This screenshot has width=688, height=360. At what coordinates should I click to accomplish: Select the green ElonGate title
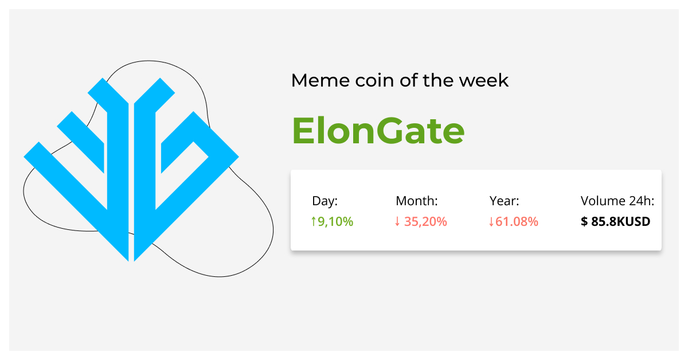pyautogui.click(x=378, y=131)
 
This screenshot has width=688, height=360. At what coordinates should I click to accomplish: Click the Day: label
pyautogui.click(x=325, y=201)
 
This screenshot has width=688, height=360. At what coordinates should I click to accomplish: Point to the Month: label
pyautogui.click(x=417, y=201)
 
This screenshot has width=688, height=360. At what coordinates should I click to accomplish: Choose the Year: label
pyautogui.click(x=505, y=201)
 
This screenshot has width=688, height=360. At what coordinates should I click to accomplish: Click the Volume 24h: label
pyautogui.click(x=617, y=201)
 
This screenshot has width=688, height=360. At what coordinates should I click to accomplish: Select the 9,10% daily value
pyautogui.click(x=335, y=221)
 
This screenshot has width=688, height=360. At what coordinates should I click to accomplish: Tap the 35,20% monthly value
pyautogui.click(x=425, y=221)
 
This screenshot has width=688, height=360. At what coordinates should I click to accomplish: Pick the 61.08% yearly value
pyautogui.click(x=517, y=221)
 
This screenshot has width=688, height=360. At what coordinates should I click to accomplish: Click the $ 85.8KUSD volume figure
pyautogui.click(x=616, y=221)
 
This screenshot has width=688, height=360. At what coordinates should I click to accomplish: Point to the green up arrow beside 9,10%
pyautogui.click(x=313, y=221)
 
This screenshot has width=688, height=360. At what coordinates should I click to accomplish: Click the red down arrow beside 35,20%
pyautogui.click(x=397, y=221)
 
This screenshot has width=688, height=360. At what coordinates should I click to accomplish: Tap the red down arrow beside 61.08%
pyautogui.click(x=491, y=221)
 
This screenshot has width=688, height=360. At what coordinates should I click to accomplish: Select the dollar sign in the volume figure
pyautogui.click(x=584, y=221)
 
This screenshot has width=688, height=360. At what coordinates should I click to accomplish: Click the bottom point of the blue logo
pyautogui.click(x=131, y=259)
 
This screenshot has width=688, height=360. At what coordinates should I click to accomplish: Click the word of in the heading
pyautogui.click(x=401, y=80)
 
